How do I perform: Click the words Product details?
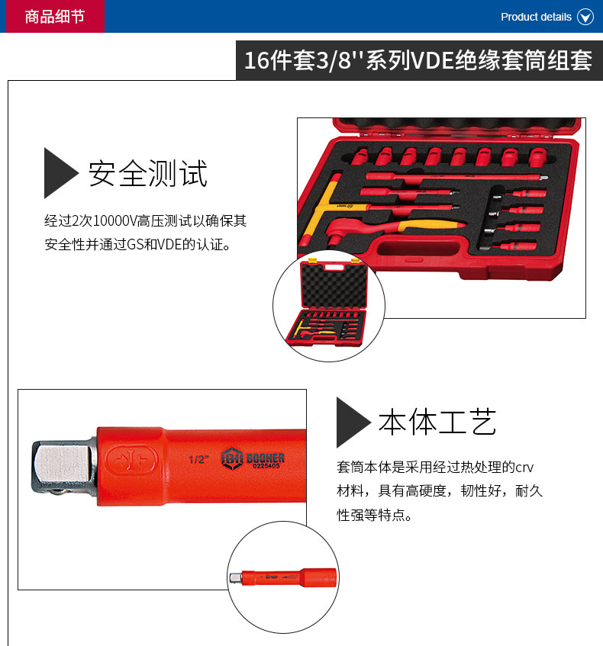[x=536, y=17]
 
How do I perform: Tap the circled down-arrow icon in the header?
[x=585, y=17]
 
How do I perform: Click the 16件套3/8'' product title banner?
[x=419, y=60]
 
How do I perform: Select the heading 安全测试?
[x=147, y=173]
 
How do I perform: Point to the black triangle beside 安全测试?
[x=60, y=173]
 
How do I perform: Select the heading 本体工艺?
[x=437, y=422]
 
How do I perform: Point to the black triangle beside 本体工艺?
[x=353, y=423]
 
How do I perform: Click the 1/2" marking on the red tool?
[x=198, y=459]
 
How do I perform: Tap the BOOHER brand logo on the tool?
[x=253, y=458]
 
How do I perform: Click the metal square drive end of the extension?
[x=64, y=466]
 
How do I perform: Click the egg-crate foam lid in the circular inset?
[x=334, y=285]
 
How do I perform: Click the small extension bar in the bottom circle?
[x=283, y=577]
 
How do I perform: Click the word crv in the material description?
[x=524, y=468]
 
